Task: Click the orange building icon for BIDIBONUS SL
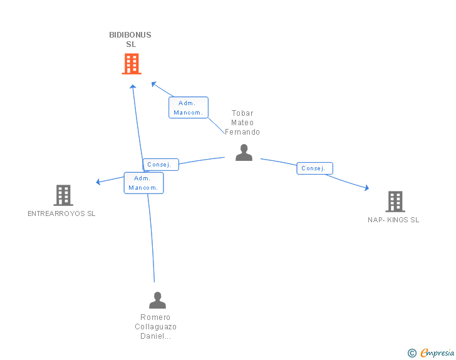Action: pyautogui.click(x=131, y=64)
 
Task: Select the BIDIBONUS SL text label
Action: pyautogui.click(x=130, y=39)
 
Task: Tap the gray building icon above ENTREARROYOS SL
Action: pyautogui.click(x=63, y=195)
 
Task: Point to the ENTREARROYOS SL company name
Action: pyautogui.click(x=61, y=213)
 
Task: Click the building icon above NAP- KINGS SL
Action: pyautogui.click(x=395, y=202)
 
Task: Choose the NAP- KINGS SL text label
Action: pyautogui.click(x=393, y=220)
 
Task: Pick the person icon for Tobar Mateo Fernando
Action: pyautogui.click(x=244, y=152)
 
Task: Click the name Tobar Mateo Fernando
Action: pyautogui.click(x=242, y=123)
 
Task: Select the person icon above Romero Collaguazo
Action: pyautogui.click(x=157, y=300)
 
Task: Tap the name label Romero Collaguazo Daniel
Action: pyautogui.click(x=156, y=326)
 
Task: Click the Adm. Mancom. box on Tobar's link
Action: pyautogui.click(x=188, y=108)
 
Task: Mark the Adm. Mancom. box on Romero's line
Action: pyautogui.click(x=143, y=183)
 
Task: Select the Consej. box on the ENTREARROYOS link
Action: pyautogui.click(x=162, y=165)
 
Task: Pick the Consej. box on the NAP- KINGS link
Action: pyautogui.click(x=314, y=168)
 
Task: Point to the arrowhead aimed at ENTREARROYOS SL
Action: pyautogui.click(x=98, y=182)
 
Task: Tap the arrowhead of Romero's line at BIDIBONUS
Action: pyautogui.click(x=133, y=86)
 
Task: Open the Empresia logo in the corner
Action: pyautogui.click(x=437, y=353)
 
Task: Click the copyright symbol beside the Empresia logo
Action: pyautogui.click(x=412, y=353)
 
